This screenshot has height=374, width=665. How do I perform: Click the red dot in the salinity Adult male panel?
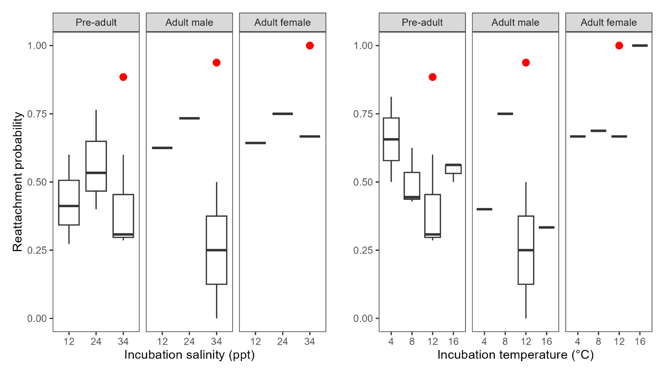216,62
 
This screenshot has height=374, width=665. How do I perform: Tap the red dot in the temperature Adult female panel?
619,46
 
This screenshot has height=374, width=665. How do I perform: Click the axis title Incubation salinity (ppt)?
189,355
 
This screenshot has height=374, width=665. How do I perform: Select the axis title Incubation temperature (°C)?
515,355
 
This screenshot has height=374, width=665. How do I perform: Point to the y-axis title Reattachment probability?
17,182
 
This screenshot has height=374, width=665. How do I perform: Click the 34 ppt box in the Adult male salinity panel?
216,250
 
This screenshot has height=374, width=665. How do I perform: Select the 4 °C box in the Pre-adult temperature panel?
391,139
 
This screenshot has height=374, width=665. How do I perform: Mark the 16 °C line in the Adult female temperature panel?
640,46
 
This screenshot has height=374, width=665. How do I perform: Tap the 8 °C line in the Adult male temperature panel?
505,114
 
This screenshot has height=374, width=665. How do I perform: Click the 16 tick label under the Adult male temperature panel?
546,342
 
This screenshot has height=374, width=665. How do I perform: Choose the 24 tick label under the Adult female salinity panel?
283,342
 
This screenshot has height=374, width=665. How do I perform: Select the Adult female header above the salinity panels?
283,23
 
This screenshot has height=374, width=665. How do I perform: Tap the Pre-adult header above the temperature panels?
422,23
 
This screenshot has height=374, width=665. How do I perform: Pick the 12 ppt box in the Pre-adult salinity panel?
69,202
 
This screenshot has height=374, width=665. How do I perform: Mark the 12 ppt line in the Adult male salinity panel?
162,148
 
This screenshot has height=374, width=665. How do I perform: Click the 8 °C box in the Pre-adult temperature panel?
412,186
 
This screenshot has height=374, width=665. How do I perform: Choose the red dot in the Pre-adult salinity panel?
123,77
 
